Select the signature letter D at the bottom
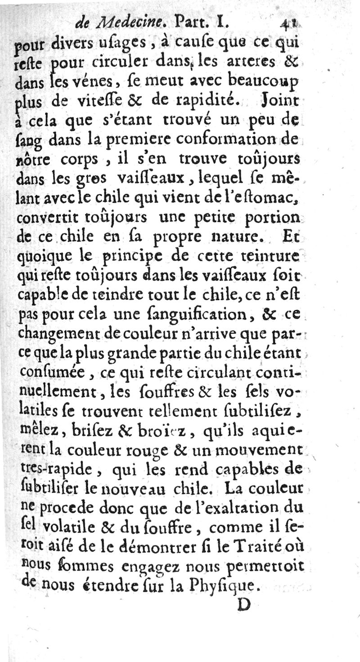(243, 604)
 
